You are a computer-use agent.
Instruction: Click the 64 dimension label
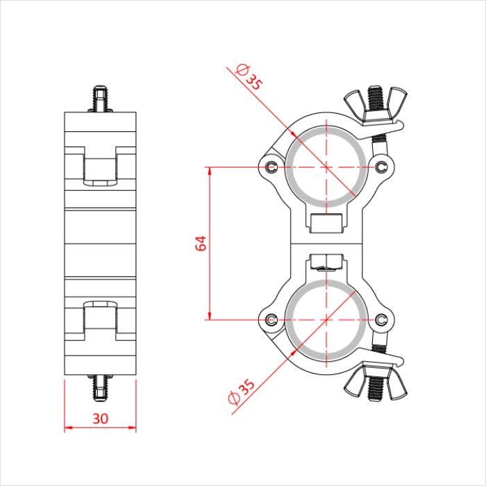tap(201, 243)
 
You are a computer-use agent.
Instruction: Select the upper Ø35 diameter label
tap(249, 76)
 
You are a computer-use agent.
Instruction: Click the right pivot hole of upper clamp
tap(381, 166)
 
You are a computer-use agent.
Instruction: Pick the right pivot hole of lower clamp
tap(381, 319)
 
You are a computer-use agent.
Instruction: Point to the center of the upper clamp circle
tap(326, 167)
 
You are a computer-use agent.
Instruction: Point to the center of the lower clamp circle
tap(326, 320)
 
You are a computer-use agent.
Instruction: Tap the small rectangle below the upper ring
tap(326, 224)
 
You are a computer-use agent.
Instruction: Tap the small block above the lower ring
tap(326, 262)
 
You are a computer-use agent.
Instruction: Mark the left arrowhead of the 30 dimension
tap(67, 428)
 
